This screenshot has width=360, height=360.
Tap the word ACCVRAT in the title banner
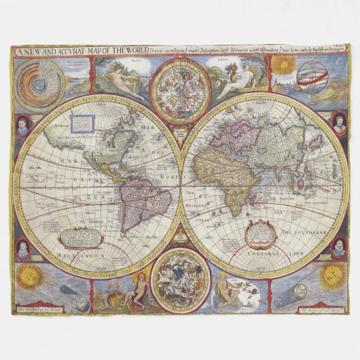(71, 50)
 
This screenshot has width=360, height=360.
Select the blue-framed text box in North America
(82, 124)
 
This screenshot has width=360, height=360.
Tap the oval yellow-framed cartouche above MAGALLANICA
(81, 237)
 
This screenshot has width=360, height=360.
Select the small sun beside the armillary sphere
(284, 66)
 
